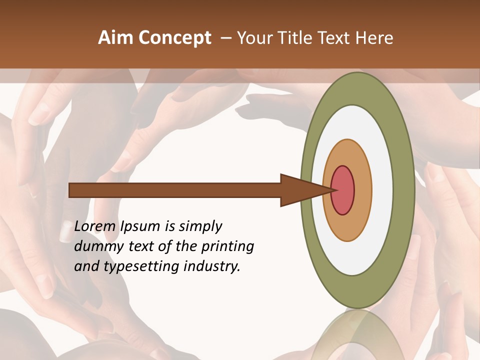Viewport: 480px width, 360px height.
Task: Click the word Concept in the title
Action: click(x=174, y=38)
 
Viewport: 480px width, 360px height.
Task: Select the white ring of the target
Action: click(x=382, y=190)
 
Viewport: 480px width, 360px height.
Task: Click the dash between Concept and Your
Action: click(x=226, y=38)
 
